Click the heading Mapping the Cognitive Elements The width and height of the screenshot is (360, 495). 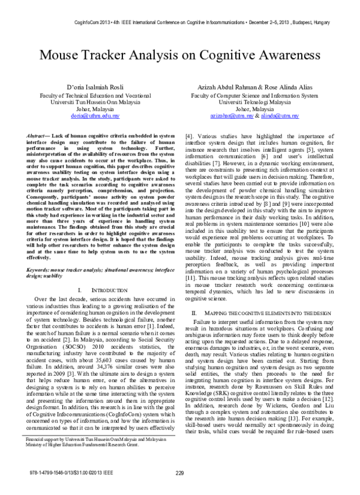263,313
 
